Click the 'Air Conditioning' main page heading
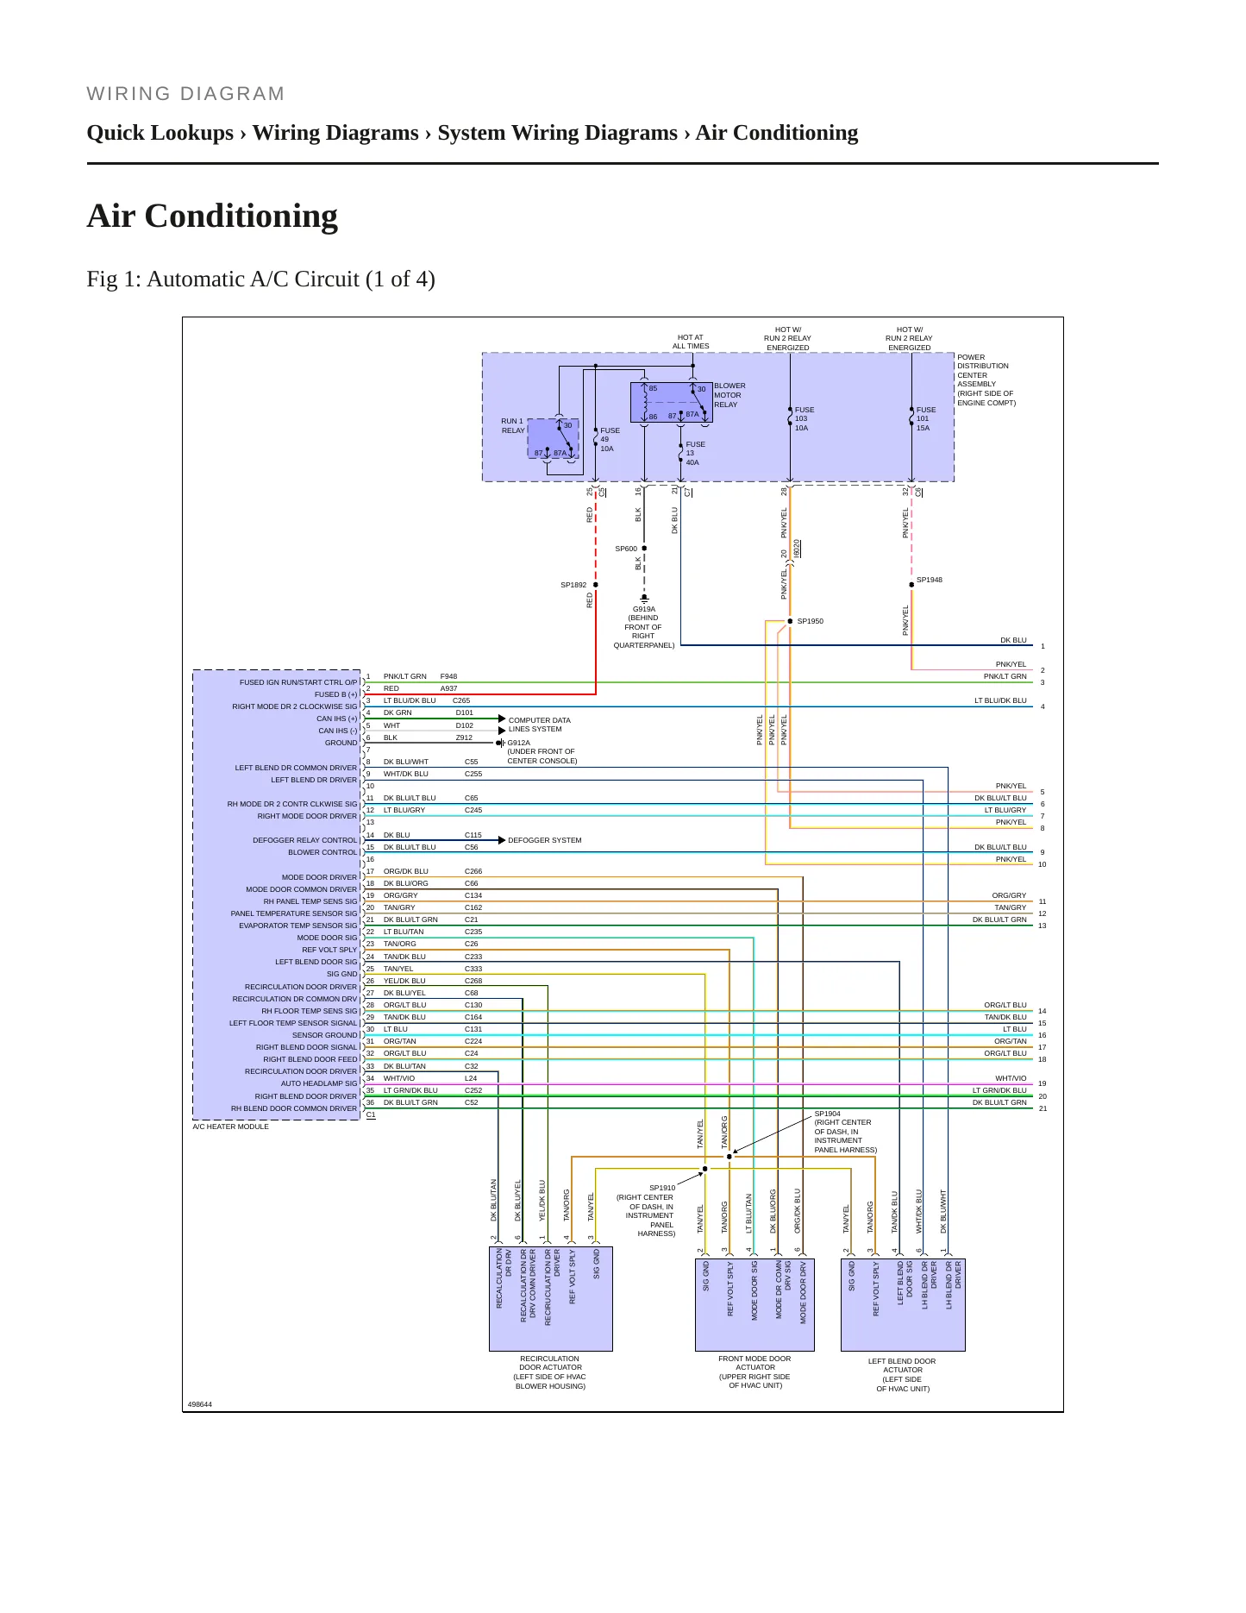click(x=212, y=216)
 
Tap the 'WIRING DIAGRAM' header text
click(x=185, y=94)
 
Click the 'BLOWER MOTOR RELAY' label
click(x=729, y=395)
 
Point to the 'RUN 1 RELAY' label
click(x=512, y=426)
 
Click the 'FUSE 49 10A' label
click(x=610, y=440)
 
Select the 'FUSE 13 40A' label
click(x=695, y=454)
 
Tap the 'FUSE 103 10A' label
click(x=804, y=419)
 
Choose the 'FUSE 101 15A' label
click(x=925, y=419)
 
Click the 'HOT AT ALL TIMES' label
click(x=691, y=342)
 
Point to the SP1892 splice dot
click(x=596, y=585)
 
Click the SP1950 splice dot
click(x=790, y=621)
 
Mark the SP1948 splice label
click(x=930, y=580)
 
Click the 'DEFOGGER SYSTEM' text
click(x=544, y=840)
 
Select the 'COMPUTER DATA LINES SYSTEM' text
click(x=539, y=725)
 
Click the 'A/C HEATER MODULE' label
click(x=230, y=1127)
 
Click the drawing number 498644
click(x=200, y=1404)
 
